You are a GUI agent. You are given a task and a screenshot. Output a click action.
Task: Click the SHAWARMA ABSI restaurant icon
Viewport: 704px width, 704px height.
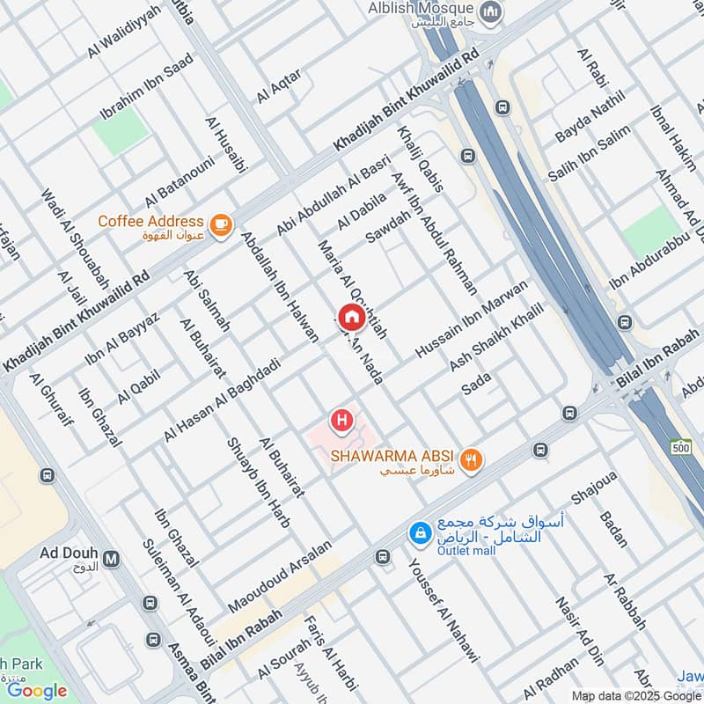472,458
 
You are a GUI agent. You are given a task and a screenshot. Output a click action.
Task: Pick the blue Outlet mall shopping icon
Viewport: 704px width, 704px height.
420,532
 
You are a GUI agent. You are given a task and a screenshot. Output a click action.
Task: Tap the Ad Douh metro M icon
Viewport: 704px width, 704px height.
111,558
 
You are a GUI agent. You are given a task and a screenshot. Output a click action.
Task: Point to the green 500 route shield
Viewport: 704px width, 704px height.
679,447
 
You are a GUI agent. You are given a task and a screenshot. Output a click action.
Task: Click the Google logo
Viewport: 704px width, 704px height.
37,691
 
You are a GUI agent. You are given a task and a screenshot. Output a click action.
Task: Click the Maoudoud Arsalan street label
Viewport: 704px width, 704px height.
280,576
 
